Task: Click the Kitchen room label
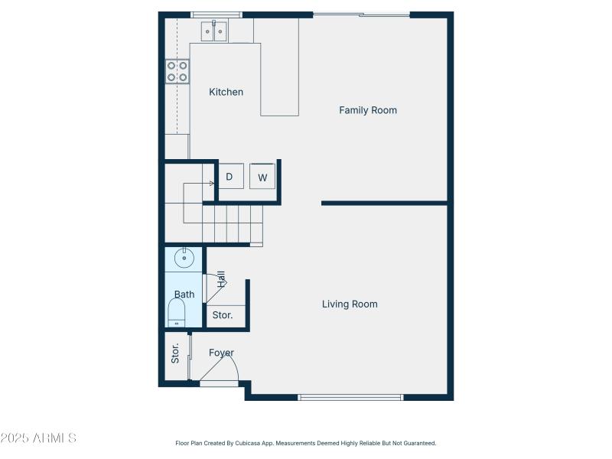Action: pyautogui.click(x=226, y=92)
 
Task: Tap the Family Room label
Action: pyautogui.click(x=368, y=110)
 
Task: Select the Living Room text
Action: pyautogui.click(x=350, y=304)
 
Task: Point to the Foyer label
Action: pyautogui.click(x=222, y=353)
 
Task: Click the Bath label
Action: pyautogui.click(x=184, y=295)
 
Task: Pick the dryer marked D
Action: pyautogui.click(x=229, y=177)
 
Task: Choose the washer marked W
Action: pyautogui.click(x=262, y=177)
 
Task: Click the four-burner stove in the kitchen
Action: pyautogui.click(x=177, y=71)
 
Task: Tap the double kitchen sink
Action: pyautogui.click(x=214, y=31)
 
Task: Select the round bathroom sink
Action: pyautogui.click(x=184, y=259)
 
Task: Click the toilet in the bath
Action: pyautogui.click(x=177, y=312)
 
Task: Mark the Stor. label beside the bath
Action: pyautogui.click(x=223, y=315)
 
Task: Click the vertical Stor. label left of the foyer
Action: pyautogui.click(x=175, y=353)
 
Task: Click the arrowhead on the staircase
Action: pyautogui.click(x=211, y=183)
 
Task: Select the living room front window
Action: pyautogui.click(x=350, y=397)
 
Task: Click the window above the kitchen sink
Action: pyautogui.click(x=216, y=14)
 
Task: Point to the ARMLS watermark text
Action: pyautogui.click(x=38, y=438)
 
